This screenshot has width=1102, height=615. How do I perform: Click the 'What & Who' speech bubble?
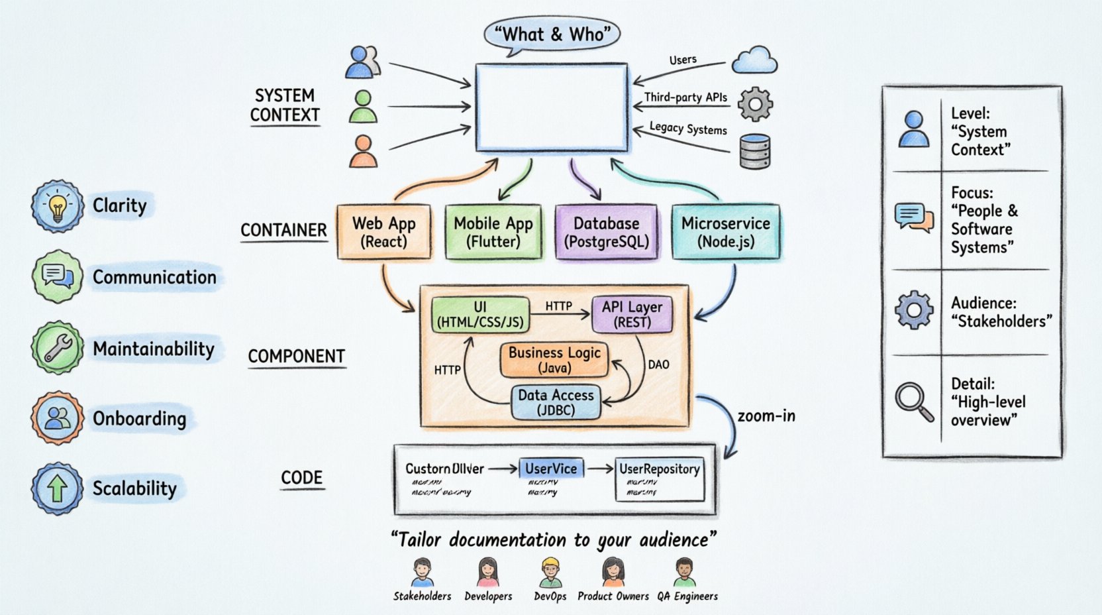coord(552,34)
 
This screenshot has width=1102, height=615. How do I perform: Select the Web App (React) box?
coord(383,231)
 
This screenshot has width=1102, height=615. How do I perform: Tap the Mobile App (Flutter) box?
coord(493,231)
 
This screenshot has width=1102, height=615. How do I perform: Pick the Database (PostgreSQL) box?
coord(606,231)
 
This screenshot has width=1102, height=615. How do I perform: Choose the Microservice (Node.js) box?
coord(726,231)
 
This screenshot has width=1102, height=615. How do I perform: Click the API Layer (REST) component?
coord(632,314)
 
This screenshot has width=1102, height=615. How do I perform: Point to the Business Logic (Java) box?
coord(554,359)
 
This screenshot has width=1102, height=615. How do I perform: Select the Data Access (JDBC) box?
coord(556,402)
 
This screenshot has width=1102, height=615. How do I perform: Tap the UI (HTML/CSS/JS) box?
coord(480,314)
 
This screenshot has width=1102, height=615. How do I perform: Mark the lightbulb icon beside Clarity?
coord(58,206)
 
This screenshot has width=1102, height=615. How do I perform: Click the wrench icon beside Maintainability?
coord(58,348)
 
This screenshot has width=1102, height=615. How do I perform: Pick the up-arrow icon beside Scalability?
coord(58,488)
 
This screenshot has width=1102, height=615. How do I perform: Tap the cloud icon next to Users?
coord(754,60)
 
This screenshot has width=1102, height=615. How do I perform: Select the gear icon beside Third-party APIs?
coord(755,104)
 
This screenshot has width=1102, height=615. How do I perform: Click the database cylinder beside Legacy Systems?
coord(754,151)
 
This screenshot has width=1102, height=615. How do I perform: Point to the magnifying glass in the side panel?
coord(914,402)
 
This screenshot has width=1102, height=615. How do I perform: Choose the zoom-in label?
coord(766,416)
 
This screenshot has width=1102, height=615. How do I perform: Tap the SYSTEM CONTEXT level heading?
coord(285,105)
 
